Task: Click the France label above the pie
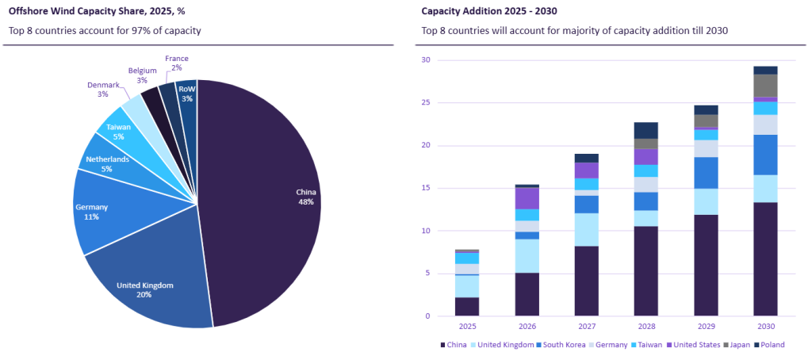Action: click(176, 63)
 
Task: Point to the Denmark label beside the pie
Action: click(103, 89)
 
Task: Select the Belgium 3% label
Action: click(142, 75)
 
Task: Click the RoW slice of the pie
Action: click(187, 95)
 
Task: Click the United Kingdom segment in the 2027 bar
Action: click(586, 229)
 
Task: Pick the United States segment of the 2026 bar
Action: click(527, 198)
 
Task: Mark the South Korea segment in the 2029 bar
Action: click(706, 173)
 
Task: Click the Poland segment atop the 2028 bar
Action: click(645, 130)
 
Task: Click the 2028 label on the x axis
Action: click(645, 326)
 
